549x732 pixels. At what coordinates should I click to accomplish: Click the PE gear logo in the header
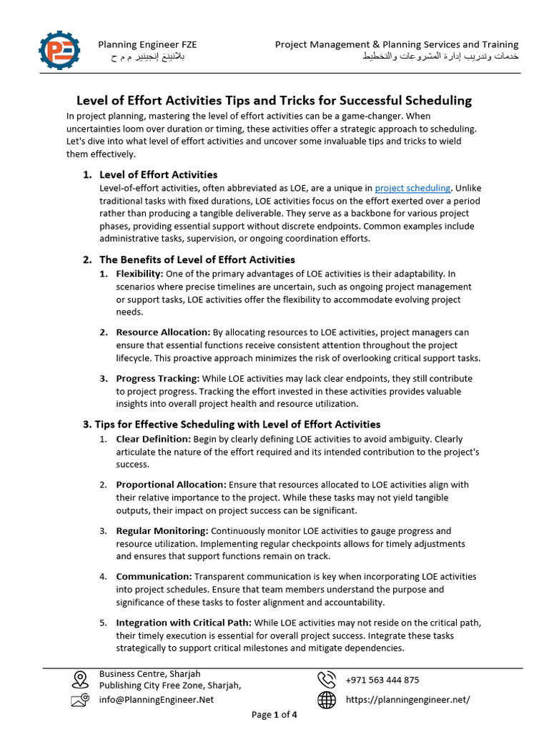(x=60, y=51)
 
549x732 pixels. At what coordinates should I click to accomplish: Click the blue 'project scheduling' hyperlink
(x=412, y=188)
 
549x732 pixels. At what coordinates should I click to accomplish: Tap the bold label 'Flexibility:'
(x=139, y=274)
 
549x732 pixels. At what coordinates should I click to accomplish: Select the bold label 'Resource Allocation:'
(x=163, y=332)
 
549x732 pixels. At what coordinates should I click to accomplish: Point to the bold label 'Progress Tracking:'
(x=158, y=378)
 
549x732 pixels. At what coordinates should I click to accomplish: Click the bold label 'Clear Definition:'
(x=153, y=439)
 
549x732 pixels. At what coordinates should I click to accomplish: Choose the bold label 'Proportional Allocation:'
(x=171, y=485)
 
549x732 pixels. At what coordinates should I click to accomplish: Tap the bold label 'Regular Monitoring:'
(x=162, y=530)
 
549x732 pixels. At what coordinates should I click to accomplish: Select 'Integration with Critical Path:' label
(x=184, y=623)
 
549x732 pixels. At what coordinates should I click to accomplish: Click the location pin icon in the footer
(x=80, y=679)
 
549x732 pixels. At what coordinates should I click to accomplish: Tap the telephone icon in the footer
(x=327, y=680)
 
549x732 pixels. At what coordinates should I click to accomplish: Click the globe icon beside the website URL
(x=327, y=700)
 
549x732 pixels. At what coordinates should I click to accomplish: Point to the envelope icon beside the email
(x=80, y=700)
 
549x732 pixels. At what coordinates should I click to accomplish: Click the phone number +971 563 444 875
(x=382, y=680)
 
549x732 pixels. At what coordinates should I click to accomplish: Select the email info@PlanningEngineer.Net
(x=157, y=700)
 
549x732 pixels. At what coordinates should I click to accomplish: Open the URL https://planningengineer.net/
(x=407, y=700)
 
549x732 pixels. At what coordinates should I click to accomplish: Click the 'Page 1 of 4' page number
(x=274, y=715)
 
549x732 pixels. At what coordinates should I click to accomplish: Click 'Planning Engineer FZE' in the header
(x=147, y=44)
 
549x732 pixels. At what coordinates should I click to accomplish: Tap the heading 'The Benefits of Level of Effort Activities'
(x=197, y=259)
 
